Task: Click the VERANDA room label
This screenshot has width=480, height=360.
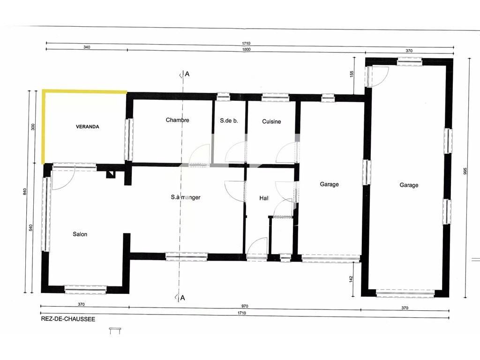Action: coord(88,127)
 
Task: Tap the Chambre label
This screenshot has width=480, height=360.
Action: coord(177,120)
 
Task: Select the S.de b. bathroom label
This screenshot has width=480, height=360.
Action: coord(229,120)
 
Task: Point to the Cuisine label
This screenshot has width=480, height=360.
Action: coord(271,121)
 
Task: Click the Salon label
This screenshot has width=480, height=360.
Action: coord(80,234)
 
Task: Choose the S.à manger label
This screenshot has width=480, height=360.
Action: coord(186,197)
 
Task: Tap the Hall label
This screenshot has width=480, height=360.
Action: coord(264,198)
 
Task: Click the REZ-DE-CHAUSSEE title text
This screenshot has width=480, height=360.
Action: coord(68,319)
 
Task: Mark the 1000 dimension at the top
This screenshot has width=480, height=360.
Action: coord(246,49)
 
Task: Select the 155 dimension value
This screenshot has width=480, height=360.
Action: coord(352,74)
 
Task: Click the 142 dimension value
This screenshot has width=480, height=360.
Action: coord(351,279)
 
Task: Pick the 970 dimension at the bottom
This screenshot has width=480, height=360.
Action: coord(245,306)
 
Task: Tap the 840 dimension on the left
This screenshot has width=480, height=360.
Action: coord(25,191)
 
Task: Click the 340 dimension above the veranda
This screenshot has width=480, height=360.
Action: coord(87,47)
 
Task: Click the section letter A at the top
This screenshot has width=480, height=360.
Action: coord(187,74)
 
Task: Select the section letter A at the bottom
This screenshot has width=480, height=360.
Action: coord(183,298)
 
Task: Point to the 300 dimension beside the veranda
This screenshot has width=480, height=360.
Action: coord(33,127)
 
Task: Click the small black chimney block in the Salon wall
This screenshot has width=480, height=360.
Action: coord(110,174)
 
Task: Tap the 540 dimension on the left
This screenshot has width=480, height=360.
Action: coord(30,228)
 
